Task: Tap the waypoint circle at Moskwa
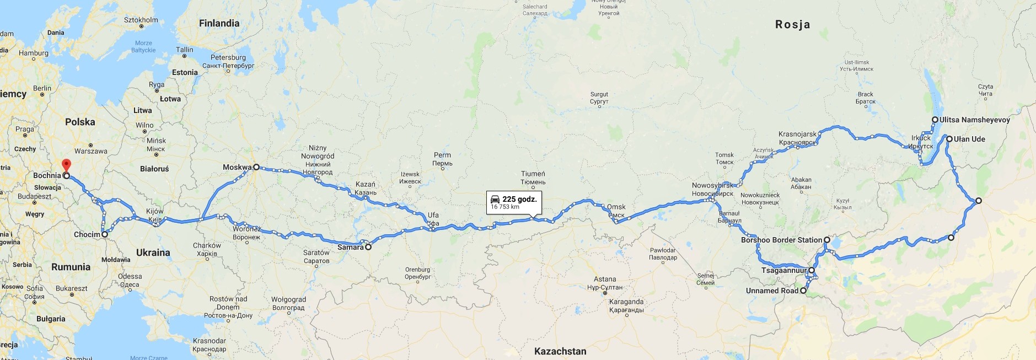(256, 167)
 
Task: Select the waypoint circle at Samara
(368, 247)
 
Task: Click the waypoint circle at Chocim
(104, 234)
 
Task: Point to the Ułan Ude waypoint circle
(949, 139)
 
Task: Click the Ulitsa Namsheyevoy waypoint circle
(935, 120)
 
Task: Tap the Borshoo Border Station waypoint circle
(827, 240)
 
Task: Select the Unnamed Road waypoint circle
(803, 291)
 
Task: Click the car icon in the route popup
(495, 199)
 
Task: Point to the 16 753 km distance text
(505, 207)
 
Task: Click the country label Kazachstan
(560, 351)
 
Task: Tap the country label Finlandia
(219, 23)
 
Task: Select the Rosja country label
(792, 24)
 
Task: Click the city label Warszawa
(91, 151)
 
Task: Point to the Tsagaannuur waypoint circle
(812, 270)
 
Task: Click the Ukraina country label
(153, 252)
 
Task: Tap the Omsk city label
(616, 207)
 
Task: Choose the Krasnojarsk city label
(797, 134)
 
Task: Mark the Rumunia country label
(71, 267)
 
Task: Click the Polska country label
(80, 122)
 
